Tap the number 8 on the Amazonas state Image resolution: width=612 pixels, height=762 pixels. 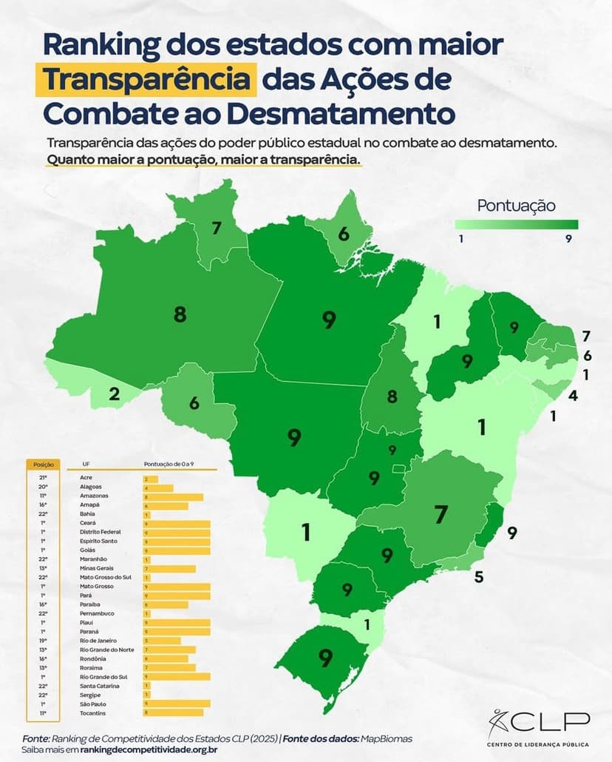pos(180,314)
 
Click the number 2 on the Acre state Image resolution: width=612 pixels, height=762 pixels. pos(115,394)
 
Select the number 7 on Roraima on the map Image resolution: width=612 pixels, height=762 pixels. pos(217,228)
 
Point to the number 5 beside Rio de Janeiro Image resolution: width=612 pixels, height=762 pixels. pos(478,577)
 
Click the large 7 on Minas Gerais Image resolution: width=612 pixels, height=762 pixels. pos(441,513)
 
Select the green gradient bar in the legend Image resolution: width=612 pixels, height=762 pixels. pos(516,224)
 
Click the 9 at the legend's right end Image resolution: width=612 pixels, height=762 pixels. pos(568,238)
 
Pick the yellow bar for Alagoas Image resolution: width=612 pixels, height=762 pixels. pos(158,488)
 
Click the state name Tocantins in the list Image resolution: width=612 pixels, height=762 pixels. pos(93,712)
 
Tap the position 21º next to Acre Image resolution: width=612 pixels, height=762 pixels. pos(43,479)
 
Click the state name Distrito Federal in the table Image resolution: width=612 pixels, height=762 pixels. pos(100,532)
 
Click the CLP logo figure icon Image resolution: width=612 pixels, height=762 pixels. pos(499,719)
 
